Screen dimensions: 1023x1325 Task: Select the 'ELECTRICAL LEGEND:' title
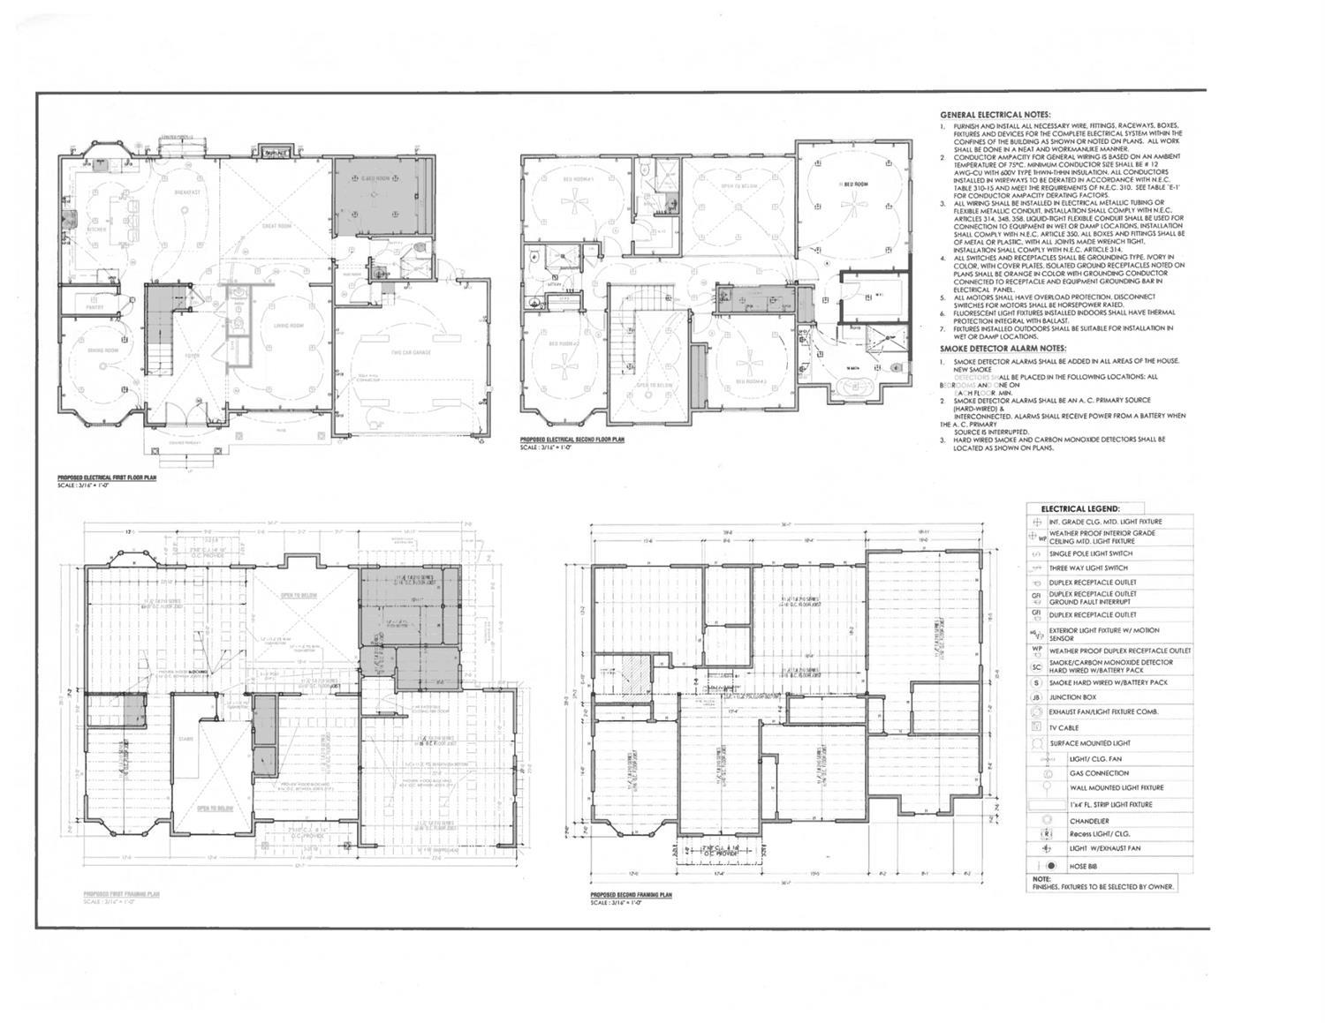click(x=1080, y=508)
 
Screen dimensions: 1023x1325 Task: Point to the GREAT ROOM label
click(x=276, y=226)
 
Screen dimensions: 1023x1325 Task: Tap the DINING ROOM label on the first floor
click(x=102, y=350)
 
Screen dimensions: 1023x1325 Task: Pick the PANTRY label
click(x=95, y=307)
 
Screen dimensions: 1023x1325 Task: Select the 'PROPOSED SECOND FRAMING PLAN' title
click(x=631, y=895)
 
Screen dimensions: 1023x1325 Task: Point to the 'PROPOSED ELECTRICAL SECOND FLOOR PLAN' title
click(x=572, y=439)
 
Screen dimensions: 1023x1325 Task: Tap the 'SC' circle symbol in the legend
click(x=1037, y=666)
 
